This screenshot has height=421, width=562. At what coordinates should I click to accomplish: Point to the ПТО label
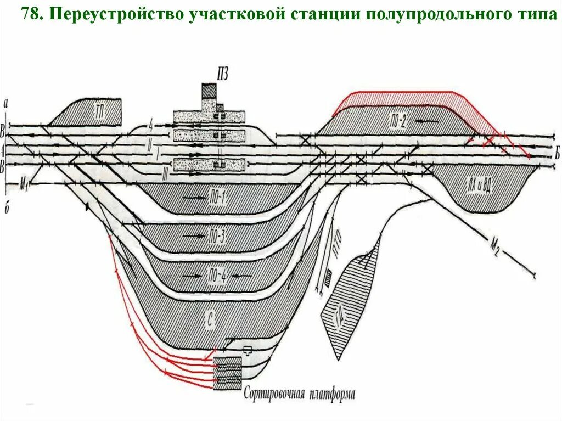[x=338, y=242]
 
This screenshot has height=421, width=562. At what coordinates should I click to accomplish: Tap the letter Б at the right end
[x=556, y=155]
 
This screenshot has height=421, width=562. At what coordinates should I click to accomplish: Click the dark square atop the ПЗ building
[x=209, y=90]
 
